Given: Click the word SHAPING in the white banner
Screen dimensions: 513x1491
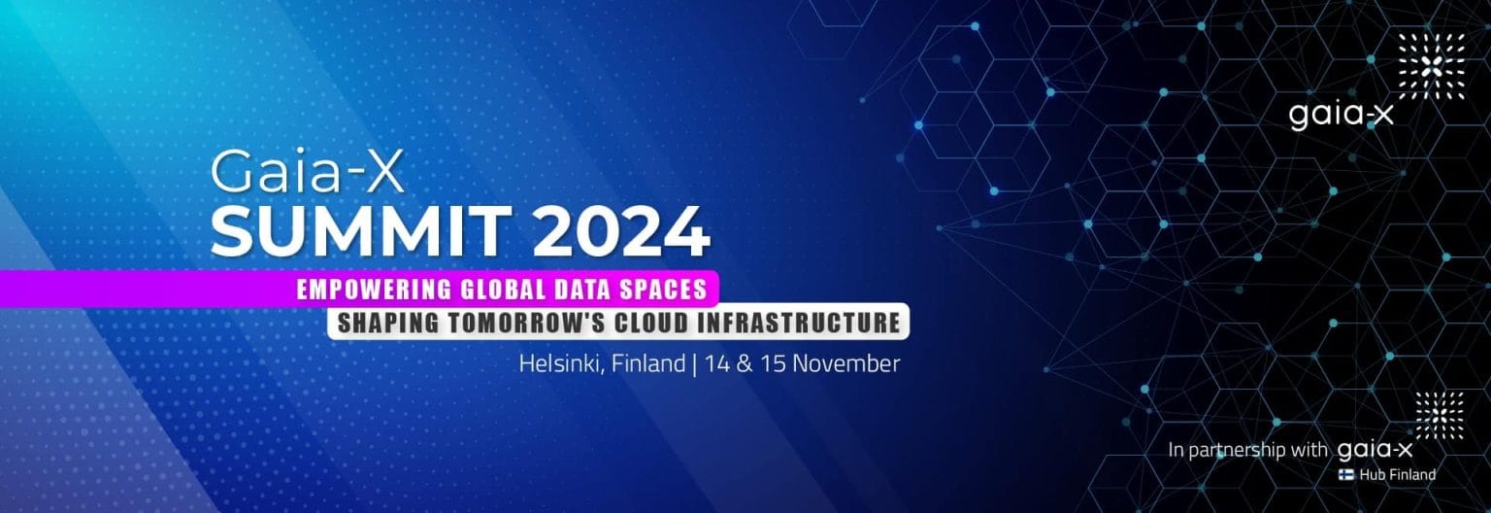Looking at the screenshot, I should tap(386, 323).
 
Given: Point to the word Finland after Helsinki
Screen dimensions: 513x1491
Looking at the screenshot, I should tap(647, 364).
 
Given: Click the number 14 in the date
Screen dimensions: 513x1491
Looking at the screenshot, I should tap(717, 364).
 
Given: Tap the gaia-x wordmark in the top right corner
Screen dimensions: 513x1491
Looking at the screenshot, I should tap(1341, 115).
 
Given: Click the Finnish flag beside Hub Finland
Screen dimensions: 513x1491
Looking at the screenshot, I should tap(1347, 475).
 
